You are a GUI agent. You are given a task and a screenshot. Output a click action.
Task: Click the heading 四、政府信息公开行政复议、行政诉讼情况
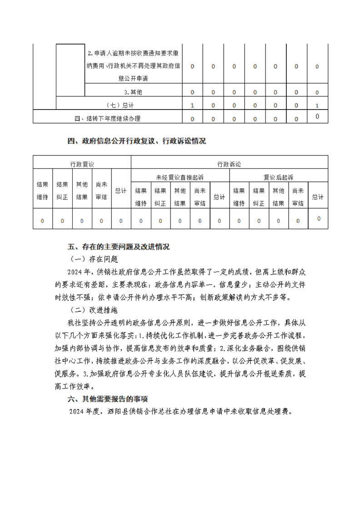point(136,141)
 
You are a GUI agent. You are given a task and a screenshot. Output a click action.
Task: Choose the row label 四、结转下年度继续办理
point(107,119)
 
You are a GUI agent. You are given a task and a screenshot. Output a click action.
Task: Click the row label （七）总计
point(119,105)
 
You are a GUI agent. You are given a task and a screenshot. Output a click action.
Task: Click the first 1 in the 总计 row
point(192,105)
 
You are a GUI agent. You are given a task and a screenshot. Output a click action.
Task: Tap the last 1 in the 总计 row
point(317,105)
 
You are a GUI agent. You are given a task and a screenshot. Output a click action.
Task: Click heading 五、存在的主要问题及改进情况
point(118,247)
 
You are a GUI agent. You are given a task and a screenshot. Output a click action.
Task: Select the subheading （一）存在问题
point(94,259)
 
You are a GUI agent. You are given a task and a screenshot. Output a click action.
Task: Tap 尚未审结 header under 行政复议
point(101,191)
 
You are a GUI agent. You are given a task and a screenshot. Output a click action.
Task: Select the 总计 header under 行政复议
point(121,191)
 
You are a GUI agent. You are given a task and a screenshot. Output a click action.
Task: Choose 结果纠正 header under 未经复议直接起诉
point(160,197)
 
